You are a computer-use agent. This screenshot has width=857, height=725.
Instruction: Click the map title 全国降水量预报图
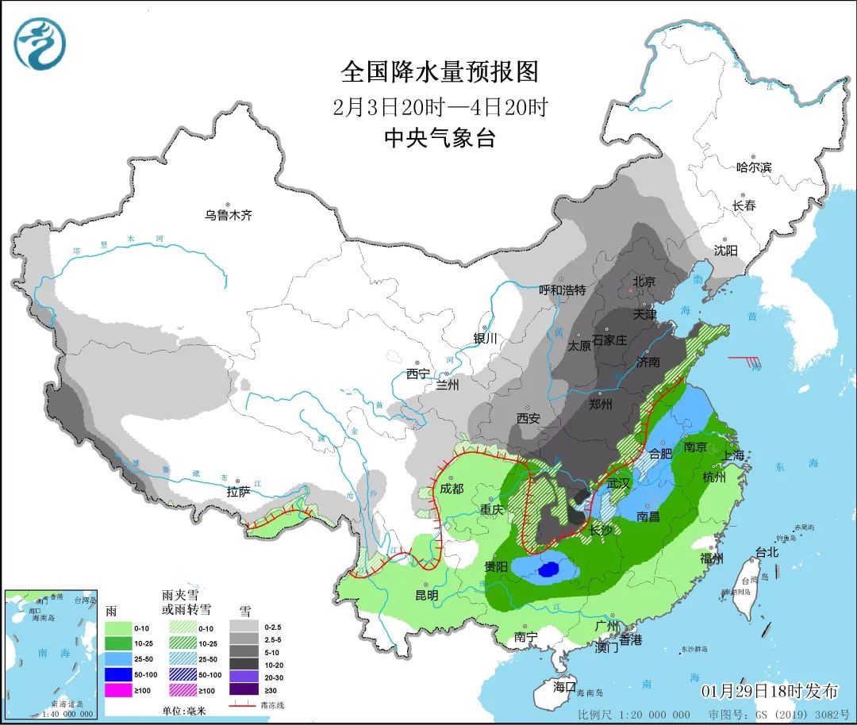pos(440,72)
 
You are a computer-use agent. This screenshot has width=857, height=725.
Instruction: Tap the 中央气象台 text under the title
pos(440,138)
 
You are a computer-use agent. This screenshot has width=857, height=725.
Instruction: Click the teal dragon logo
pos(40,43)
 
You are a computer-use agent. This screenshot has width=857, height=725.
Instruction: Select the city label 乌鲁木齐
pos(229,215)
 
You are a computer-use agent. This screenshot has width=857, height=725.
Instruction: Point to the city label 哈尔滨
pos(753,167)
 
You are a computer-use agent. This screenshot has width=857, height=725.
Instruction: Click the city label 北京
pos(644,282)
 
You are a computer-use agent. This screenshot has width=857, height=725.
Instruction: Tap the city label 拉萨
pos(238,492)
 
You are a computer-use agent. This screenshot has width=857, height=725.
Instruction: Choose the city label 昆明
pos(426,594)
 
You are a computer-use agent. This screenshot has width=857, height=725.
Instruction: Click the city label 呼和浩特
pos(562,290)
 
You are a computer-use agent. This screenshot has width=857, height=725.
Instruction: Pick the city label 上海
pos(733,455)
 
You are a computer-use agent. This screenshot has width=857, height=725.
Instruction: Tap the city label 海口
pos(564,685)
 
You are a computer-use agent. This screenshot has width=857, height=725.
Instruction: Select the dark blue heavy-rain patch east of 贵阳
pos(548,569)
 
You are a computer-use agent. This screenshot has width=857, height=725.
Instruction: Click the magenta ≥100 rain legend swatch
pos(117,690)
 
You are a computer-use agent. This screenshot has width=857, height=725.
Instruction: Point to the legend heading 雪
pos(245,611)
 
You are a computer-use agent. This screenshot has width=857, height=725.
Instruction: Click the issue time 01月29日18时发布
pos(769,690)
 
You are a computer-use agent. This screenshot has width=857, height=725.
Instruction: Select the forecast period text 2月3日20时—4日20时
pos(440,107)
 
